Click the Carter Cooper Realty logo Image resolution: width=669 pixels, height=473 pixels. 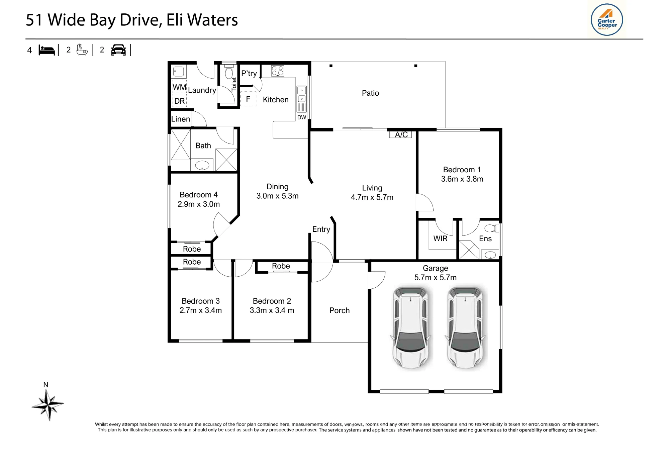tap(607, 19)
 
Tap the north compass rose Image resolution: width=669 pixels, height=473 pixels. tap(48, 404)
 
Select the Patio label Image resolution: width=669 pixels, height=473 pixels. tap(370, 93)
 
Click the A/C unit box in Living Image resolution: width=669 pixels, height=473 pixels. tap(400, 134)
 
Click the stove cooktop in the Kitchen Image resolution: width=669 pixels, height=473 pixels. tap(278, 71)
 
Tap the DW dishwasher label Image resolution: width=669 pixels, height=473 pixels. tap(302, 117)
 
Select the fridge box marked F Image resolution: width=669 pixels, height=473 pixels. tap(248, 99)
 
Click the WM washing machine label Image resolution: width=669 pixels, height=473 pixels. tap(179, 87)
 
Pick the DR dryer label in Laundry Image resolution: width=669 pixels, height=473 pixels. tap(179, 101)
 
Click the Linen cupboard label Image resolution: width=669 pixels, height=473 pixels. tap(181, 119)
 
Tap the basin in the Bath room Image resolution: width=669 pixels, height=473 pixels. tap(202, 165)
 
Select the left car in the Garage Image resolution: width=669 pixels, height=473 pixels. tap(411, 327)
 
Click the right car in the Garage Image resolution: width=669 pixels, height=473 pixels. tap(465, 327)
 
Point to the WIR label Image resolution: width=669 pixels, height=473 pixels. tap(440, 239)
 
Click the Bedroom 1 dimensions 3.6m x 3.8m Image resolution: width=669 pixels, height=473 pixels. tap(462, 179)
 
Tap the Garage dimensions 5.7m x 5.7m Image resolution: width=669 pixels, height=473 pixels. tap(435, 277)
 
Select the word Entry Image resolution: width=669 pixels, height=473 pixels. tap(321, 229)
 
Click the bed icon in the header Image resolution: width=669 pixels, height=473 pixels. tap(46, 50)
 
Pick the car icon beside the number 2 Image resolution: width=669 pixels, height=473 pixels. tap(118, 50)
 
